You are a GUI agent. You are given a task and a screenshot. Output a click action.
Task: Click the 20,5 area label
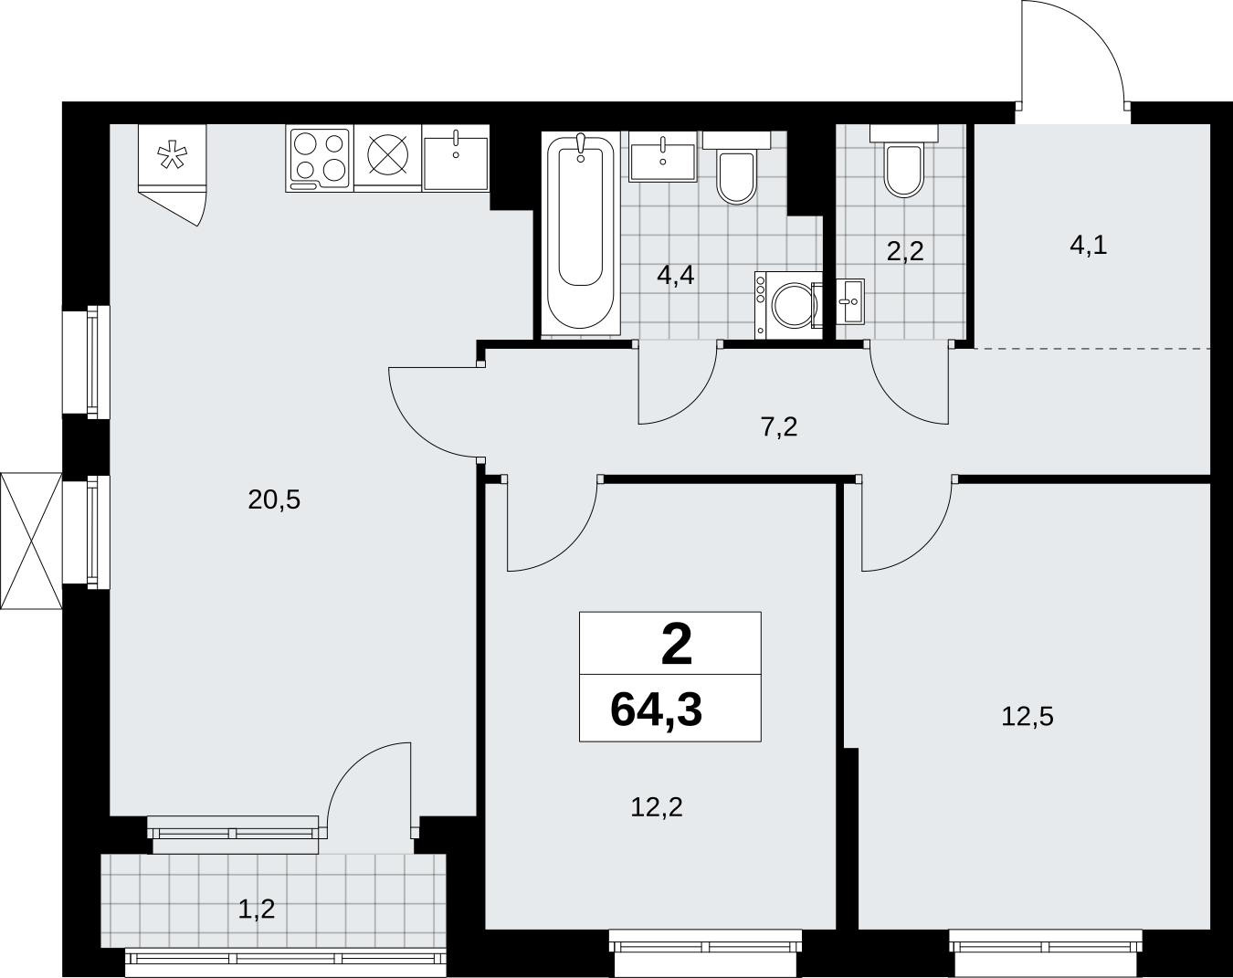[274, 500]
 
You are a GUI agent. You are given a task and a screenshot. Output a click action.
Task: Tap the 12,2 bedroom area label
[657, 808]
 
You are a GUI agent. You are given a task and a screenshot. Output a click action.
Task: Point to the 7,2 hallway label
[779, 427]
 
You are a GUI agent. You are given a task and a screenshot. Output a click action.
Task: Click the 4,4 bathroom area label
[676, 276]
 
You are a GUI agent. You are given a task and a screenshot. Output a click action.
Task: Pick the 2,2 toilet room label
[905, 251]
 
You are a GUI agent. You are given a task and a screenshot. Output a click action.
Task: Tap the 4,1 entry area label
[1088, 246]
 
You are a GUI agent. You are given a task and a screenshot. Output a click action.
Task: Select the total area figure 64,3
[656, 710]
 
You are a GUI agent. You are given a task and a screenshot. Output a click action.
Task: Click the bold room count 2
[676, 645]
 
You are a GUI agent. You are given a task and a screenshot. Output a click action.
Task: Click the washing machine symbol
[788, 305]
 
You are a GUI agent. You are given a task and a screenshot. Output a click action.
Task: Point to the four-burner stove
[320, 159]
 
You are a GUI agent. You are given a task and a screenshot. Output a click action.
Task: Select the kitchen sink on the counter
[456, 158]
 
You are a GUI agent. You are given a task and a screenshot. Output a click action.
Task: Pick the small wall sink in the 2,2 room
[850, 301]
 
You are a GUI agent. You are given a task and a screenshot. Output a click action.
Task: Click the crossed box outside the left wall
[31, 541]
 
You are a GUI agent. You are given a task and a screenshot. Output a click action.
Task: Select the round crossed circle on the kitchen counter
[388, 154]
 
